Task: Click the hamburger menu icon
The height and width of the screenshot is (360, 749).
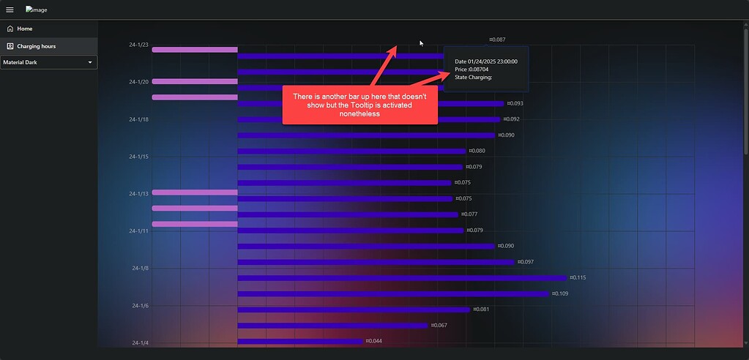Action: [x=10, y=10]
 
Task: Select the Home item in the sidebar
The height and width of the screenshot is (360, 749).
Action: [x=24, y=29]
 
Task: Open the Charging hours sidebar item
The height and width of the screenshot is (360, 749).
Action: [x=36, y=46]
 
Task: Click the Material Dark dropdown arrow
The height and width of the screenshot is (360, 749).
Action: [x=90, y=63]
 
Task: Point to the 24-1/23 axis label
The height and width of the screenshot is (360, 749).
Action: [x=138, y=45]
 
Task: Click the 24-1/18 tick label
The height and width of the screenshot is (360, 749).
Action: [x=138, y=119]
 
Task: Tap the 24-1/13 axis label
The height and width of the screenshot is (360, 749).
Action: [x=138, y=194]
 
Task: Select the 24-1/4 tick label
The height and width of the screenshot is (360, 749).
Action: [x=140, y=342]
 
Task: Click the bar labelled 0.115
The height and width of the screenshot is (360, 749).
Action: [x=402, y=278]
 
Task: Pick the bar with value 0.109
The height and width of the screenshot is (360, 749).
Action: [x=393, y=294]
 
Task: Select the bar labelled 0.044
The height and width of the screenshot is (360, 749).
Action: [x=300, y=342]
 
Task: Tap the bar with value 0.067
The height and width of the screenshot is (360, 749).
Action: [x=332, y=326]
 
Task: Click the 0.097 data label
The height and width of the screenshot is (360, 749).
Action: [x=526, y=262]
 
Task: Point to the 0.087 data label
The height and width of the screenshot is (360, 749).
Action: [x=498, y=40]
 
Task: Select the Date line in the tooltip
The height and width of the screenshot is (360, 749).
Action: [x=486, y=61]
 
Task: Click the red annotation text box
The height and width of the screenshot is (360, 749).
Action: [x=359, y=105]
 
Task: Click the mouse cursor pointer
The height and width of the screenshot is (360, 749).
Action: [x=421, y=43]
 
